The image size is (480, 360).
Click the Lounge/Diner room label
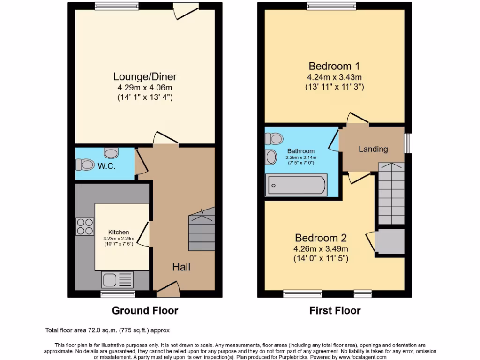click(145, 76)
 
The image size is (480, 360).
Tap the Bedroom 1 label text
click(334, 66)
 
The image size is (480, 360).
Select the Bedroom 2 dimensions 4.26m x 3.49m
click(321, 248)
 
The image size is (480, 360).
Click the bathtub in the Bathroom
click(296, 186)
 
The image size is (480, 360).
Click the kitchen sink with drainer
click(117, 280)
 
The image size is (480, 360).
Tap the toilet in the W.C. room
click(85, 165)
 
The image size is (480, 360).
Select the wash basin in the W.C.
click(112, 153)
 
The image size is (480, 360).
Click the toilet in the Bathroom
click(274, 139)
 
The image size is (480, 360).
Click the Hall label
click(181, 267)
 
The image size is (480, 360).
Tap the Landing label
click(373, 149)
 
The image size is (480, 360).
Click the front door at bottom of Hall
click(168, 292)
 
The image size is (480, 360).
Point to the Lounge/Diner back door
click(181, 10)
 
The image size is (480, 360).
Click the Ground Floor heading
click(145, 310)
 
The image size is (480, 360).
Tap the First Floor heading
click(335, 310)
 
